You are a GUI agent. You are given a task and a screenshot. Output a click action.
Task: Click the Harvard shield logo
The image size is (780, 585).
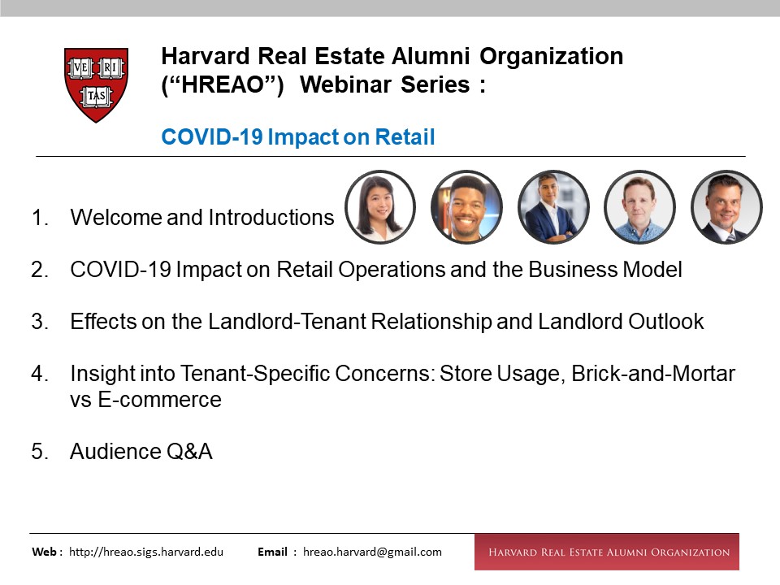point(96,85)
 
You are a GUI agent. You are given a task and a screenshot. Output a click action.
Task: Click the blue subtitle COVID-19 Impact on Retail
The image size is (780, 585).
point(298,136)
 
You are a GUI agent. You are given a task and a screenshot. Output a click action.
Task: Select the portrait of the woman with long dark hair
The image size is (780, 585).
point(380,207)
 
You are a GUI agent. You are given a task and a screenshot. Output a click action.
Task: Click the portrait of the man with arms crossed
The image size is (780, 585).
point(553,207)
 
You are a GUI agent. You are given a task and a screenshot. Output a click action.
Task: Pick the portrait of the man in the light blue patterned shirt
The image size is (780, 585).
point(639,207)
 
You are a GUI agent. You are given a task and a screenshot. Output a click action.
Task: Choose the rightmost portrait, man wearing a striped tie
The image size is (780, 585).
point(726,207)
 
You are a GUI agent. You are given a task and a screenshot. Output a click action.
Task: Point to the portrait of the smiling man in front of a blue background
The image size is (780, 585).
point(466,207)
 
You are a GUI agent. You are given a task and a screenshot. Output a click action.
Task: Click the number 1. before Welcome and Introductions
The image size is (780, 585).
point(40,218)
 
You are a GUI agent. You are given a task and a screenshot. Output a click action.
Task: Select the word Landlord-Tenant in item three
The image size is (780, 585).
point(287,322)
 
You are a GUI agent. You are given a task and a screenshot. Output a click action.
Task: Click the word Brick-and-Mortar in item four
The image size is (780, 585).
point(653,374)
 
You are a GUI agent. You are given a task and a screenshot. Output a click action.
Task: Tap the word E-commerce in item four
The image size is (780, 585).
point(160,400)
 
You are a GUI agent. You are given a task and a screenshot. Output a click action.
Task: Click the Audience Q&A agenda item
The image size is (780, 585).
point(141,452)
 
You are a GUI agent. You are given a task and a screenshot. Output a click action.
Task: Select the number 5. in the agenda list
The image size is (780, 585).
point(40,452)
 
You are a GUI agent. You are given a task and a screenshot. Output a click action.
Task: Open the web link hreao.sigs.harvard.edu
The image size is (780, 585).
point(146,552)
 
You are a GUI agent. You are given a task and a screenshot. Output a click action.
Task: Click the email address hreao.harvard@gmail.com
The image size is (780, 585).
point(372,552)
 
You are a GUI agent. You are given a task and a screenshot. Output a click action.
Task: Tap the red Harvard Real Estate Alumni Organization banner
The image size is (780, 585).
point(607,552)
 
